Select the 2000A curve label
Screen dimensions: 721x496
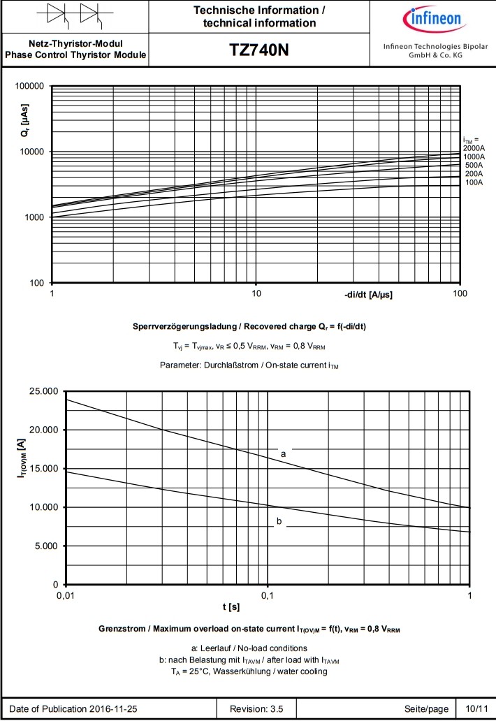tap(474, 148)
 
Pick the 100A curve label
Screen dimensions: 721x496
tap(474, 182)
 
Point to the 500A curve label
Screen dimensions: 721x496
tap(474, 165)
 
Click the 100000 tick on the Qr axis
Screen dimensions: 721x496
tap(29, 87)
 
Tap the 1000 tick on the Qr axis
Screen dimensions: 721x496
tap(34, 217)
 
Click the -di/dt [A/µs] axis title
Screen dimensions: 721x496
tap(368, 295)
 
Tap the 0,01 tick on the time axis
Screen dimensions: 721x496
tap(65, 595)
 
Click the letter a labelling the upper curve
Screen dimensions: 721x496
tap(283, 453)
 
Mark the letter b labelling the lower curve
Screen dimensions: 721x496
tap(279, 520)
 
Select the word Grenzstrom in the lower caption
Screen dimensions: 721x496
tap(124, 629)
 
